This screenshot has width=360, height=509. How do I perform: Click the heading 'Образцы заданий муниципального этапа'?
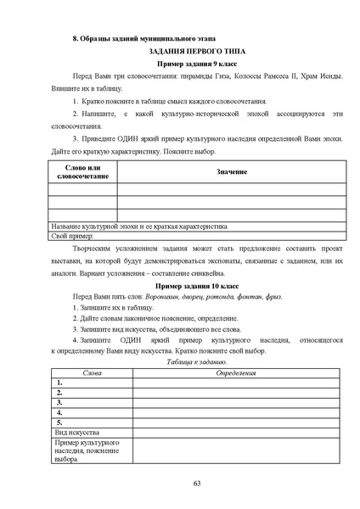click(x=147, y=39)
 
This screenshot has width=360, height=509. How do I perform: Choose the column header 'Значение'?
click(x=232, y=172)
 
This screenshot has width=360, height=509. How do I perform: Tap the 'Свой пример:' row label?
click(x=69, y=237)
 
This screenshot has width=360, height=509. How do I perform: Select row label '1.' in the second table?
click(x=59, y=383)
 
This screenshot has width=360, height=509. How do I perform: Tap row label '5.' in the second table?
click(x=59, y=422)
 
